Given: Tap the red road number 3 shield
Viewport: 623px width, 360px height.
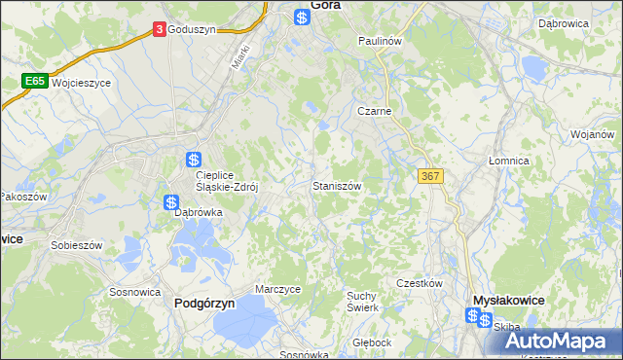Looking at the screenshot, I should (159, 30).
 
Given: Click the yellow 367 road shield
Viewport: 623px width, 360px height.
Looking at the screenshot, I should (430, 175).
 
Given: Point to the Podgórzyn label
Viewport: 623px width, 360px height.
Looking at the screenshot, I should (204, 304).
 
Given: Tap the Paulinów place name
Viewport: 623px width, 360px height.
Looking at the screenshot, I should (380, 42).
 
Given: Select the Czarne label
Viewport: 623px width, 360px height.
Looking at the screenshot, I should (374, 111).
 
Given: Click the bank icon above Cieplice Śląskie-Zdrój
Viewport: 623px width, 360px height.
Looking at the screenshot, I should (194, 159).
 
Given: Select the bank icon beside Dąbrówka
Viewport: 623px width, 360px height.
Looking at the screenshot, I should (171, 202).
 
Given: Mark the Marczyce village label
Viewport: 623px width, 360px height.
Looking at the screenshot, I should (277, 289).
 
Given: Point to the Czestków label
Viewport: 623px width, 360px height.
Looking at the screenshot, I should (420, 282).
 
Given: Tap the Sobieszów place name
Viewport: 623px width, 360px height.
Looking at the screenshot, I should (77, 245).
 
